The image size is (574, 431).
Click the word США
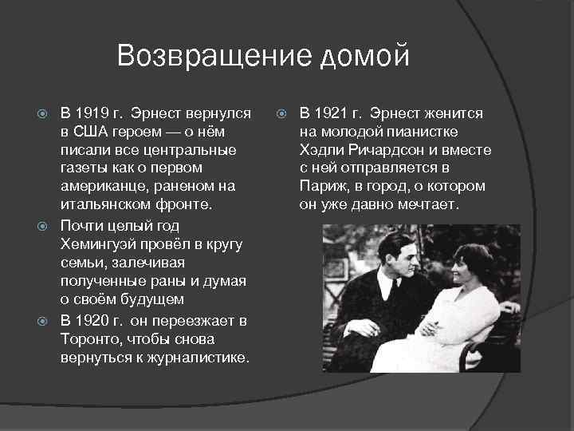(x=92, y=132)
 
